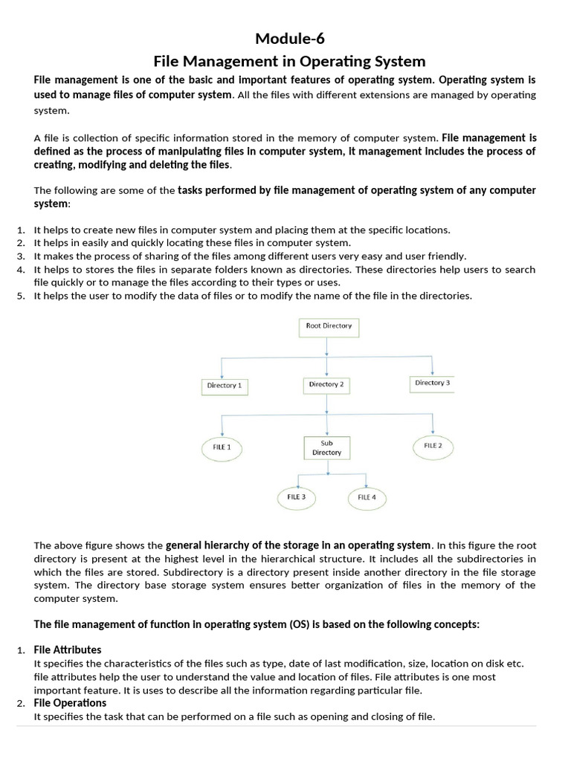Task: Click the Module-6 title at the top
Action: point(289,39)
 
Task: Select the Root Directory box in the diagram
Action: point(329,326)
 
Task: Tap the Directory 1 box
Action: point(224,386)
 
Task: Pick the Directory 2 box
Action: point(326,385)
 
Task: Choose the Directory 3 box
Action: point(432,383)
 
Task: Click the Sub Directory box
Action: point(326,447)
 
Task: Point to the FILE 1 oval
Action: point(222,447)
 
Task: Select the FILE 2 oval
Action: point(433,446)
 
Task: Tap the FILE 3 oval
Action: point(297,496)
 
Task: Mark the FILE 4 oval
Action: point(367,497)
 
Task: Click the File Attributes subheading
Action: point(68,650)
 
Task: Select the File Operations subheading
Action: point(70,703)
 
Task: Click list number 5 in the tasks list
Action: point(21,296)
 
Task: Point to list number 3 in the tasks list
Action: point(21,256)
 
